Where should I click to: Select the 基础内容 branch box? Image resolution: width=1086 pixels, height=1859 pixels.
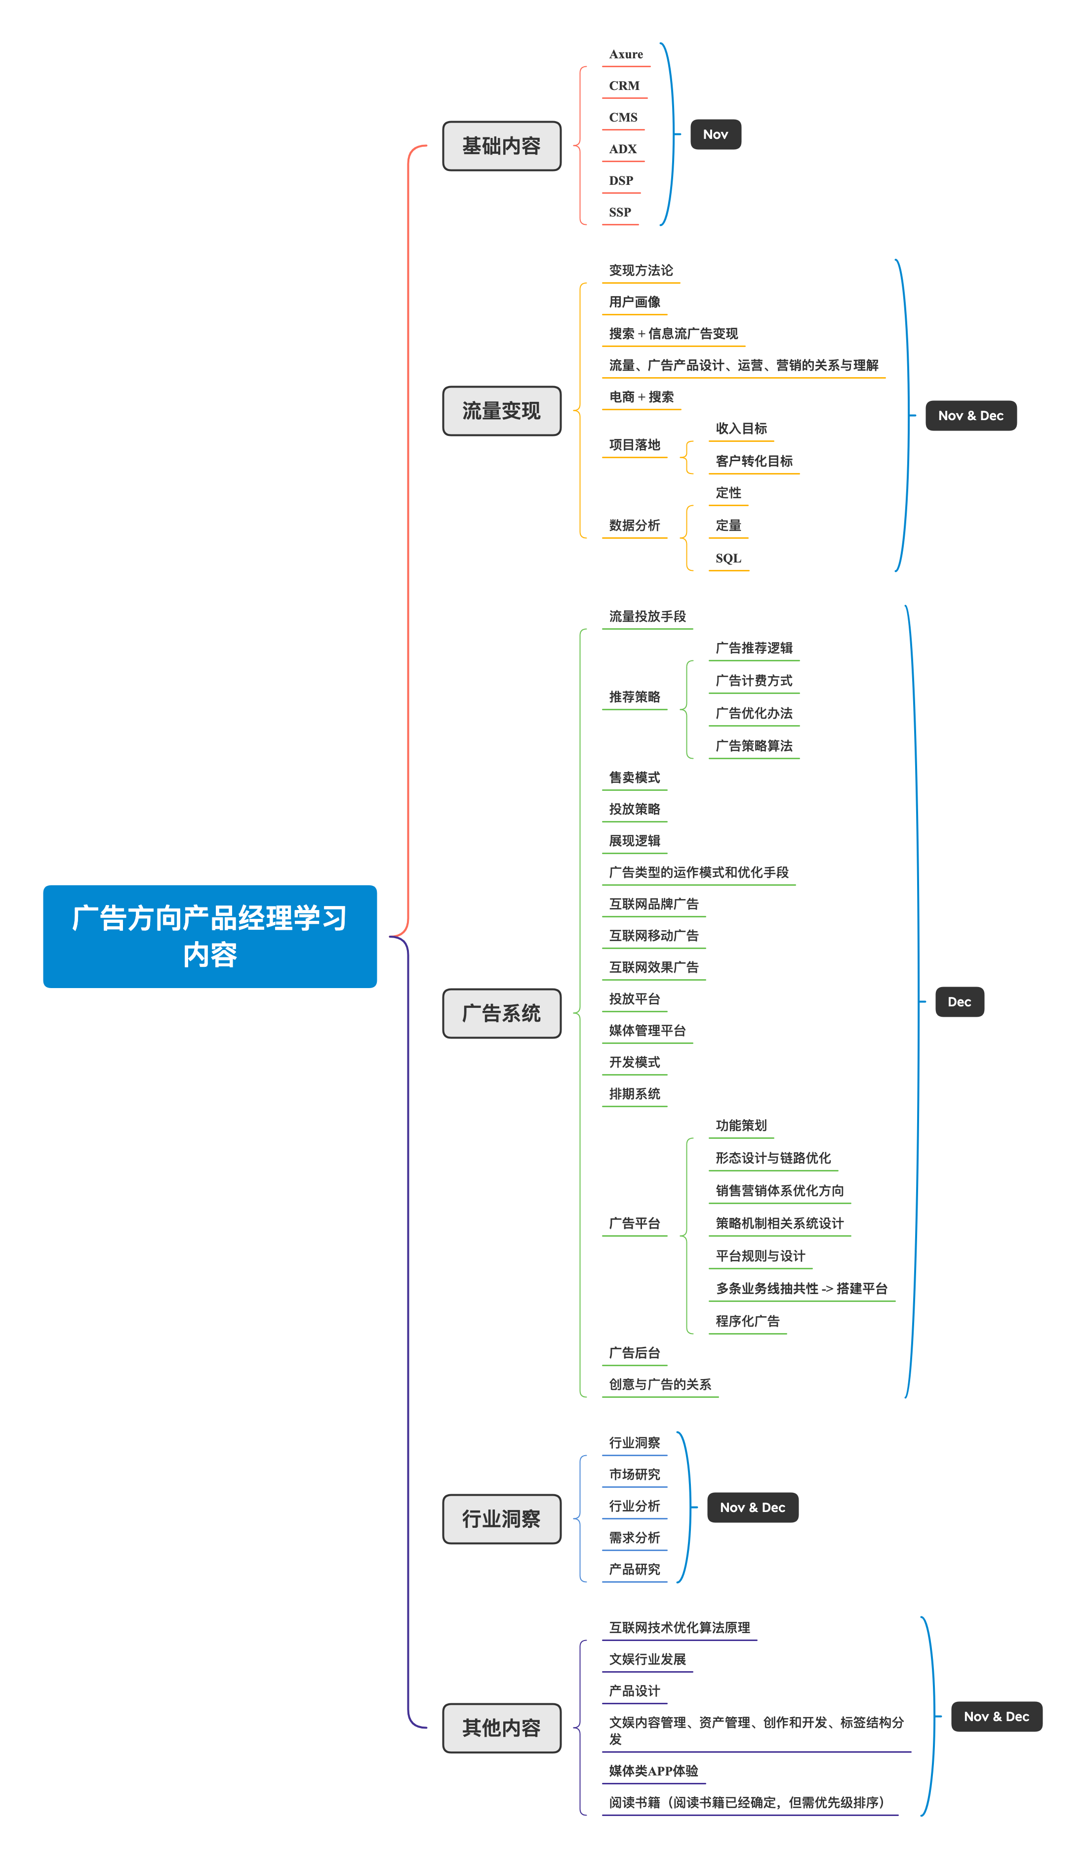(x=501, y=146)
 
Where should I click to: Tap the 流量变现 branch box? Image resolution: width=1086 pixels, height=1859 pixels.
(x=501, y=411)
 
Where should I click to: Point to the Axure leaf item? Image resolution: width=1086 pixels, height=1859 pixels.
(x=626, y=54)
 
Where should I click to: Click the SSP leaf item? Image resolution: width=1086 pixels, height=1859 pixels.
(x=620, y=213)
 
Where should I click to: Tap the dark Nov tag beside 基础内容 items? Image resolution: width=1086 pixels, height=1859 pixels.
(x=715, y=134)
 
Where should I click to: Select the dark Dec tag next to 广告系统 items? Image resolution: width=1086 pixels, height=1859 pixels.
(x=959, y=1002)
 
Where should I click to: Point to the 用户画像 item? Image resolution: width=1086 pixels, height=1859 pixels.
(x=634, y=302)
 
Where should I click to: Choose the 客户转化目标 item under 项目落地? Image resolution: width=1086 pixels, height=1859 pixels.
(x=754, y=461)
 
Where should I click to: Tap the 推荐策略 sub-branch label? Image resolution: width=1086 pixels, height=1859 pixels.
(x=634, y=697)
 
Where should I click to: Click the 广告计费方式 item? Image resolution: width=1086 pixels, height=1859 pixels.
(x=754, y=681)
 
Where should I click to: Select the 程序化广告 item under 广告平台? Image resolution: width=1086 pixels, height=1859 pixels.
(x=747, y=1321)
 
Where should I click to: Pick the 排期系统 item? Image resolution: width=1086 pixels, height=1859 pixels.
(x=634, y=1094)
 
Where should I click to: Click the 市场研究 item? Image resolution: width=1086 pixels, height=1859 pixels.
(x=634, y=1474)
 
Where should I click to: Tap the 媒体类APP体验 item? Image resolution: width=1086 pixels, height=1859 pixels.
(x=653, y=1771)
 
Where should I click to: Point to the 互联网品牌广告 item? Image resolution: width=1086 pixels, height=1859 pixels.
(x=653, y=905)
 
